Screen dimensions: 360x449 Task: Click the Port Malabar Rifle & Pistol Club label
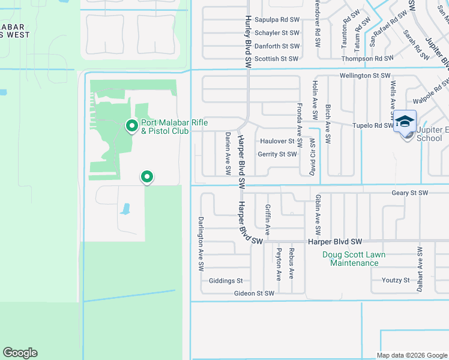pyautogui.click(x=174, y=127)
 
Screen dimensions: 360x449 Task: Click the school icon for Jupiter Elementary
pyautogui.click(x=405, y=122)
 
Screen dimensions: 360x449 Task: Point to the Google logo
pyautogui.click(x=20, y=353)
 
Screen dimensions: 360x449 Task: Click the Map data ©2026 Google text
pyautogui.click(x=412, y=355)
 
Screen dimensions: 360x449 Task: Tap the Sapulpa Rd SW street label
pyautogui.click(x=276, y=20)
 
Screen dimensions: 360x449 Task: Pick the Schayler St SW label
pyautogui.click(x=276, y=33)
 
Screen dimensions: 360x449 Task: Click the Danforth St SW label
pyautogui.click(x=277, y=46)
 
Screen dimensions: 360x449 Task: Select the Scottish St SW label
pyautogui.click(x=276, y=59)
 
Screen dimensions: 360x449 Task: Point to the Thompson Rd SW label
pyautogui.click(x=367, y=59)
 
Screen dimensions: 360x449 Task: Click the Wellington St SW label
pyautogui.click(x=365, y=76)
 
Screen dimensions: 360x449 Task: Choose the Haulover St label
pyautogui.click(x=277, y=142)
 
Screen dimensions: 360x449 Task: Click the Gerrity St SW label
pyautogui.click(x=277, y=154)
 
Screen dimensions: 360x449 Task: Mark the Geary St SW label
pyautogui.click(x=409, y=193)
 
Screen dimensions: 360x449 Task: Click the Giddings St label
pyautogui.click(x=225, y=281)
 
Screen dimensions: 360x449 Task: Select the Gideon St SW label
pyautogui.click(x=255, y=293)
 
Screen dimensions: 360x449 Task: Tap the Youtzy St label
pyautogui.click(x=396, y=280)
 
